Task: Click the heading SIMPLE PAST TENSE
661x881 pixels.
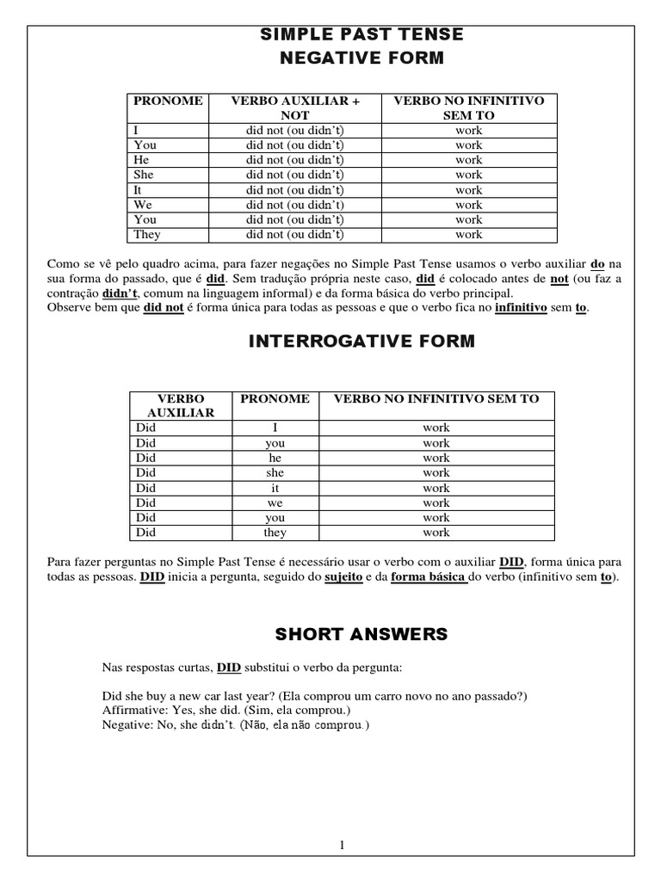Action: tap(361, 34)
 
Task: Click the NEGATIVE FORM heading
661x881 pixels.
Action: tap(361, 59)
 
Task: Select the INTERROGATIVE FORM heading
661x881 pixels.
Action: tap(361, 342)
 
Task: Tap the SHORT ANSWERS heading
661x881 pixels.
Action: tap(361, 635)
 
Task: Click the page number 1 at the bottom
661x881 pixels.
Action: tap(342, 822)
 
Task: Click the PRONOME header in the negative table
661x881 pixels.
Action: tap(168, 101)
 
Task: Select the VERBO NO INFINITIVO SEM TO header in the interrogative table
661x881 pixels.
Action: tap(436, 398)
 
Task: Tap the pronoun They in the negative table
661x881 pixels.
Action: tap(146, 234)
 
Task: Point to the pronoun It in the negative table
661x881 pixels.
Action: tap(138, 190)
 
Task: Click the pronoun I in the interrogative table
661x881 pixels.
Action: tap(275, 428)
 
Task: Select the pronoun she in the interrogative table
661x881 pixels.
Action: tap(275, 472)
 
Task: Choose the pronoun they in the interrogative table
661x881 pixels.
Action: tap(275, 533)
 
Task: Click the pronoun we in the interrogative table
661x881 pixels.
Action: tap(275, 502)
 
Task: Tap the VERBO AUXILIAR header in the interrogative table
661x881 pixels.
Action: tap(181, 405)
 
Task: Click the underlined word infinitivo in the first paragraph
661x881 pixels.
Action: tap(521, 307)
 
